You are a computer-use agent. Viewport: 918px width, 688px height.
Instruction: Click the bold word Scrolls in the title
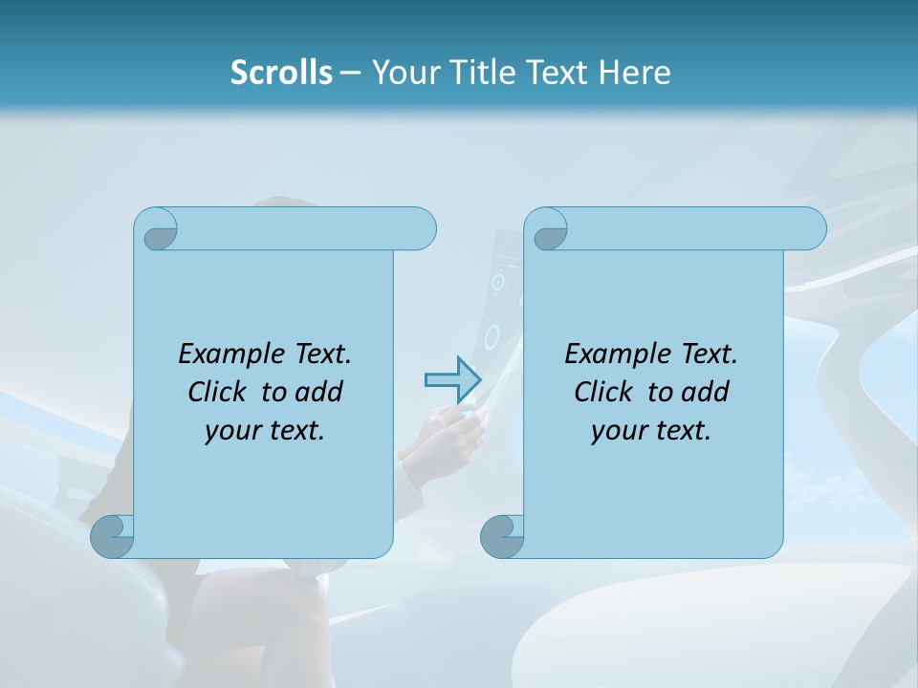click(x=281, y=72)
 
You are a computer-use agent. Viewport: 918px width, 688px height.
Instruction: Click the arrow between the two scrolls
click(x=452, y=380)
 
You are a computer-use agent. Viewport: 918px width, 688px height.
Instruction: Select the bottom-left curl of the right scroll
click(x=502, y=536)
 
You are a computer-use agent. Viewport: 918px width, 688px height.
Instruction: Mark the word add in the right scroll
click(x=705, y=392)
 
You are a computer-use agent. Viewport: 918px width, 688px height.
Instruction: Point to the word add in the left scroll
click(x=319, y=392)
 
